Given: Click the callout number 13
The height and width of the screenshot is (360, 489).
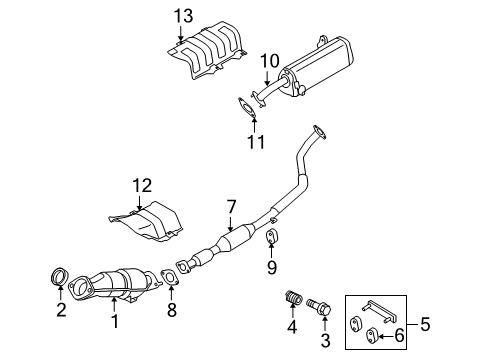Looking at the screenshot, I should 180,15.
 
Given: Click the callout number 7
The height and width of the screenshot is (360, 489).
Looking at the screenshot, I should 231,206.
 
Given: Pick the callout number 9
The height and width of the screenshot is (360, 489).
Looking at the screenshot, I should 271,267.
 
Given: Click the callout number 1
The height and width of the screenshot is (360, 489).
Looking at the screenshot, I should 113,322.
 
